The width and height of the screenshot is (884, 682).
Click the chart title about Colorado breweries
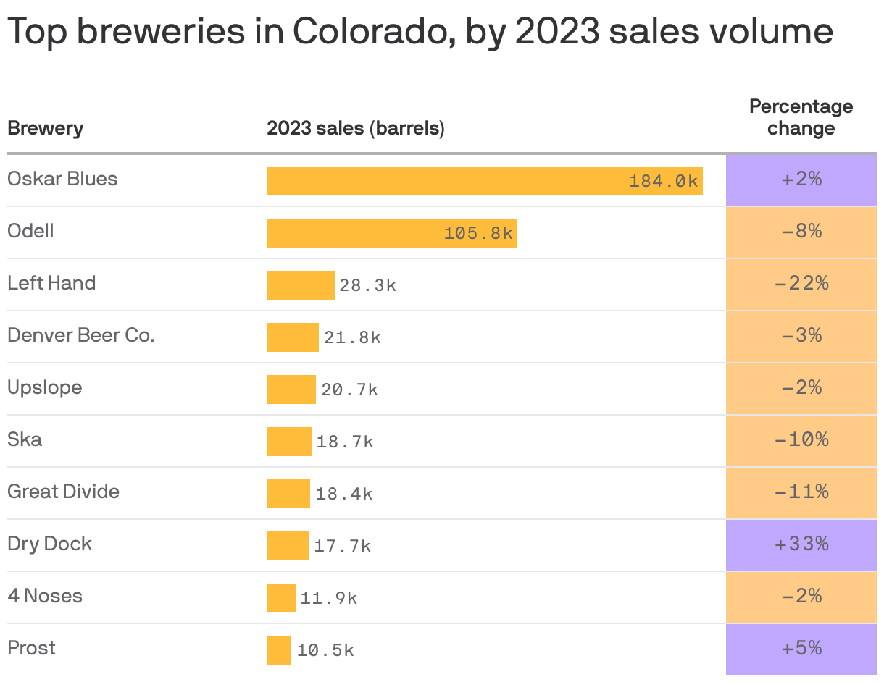(420, 33)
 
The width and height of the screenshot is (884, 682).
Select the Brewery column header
(45, 129)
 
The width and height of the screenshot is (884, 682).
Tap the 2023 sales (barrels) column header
(355, 129)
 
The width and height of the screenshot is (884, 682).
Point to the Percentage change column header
(801, 117)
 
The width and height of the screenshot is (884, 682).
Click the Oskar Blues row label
(62, 179)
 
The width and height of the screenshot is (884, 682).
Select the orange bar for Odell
(391, 233)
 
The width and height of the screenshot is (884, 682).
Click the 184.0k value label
(663, 181)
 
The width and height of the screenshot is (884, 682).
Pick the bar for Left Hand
(300, 285)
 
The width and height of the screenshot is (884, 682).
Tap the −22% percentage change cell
(801, 284)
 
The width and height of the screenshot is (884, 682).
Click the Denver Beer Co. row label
(80, 335)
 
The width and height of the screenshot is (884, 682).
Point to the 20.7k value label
(349, 390)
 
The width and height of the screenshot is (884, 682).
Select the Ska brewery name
(25, 439)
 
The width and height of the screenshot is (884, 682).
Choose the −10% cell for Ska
(801, 440)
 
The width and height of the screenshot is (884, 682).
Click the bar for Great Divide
(288, 494)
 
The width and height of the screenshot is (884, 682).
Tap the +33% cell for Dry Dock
(801, 544)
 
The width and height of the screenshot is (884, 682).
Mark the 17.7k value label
(342, 546)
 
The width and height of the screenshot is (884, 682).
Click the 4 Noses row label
(45, 596)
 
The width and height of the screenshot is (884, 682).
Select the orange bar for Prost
(278, 650)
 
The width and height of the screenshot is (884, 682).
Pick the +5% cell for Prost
(801, 649)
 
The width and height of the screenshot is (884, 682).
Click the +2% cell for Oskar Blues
(801, 180)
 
